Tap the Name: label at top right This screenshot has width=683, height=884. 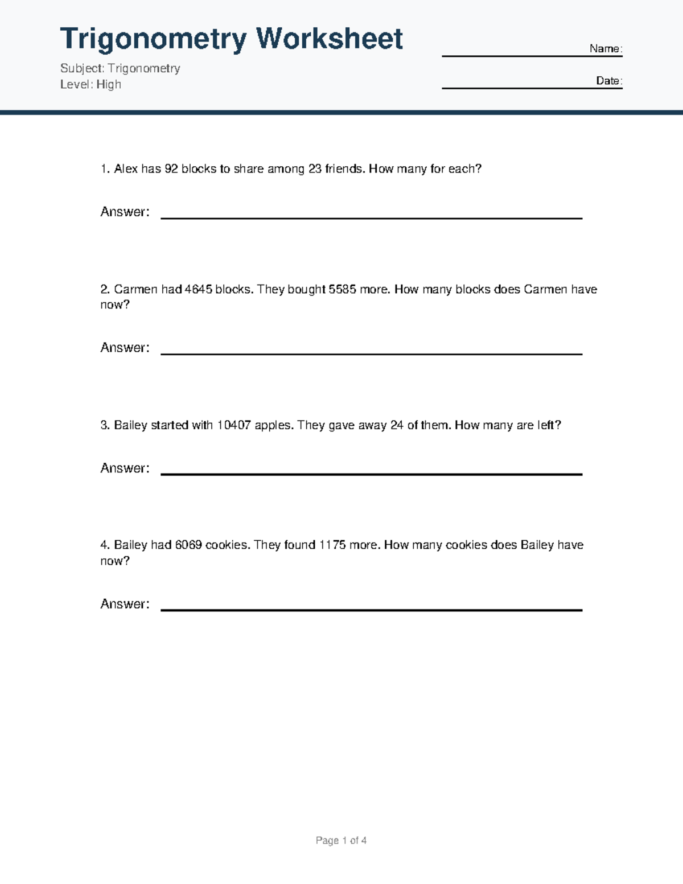(x=606, y=49)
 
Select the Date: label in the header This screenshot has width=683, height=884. (x=609, y=81)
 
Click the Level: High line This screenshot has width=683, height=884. (x=90, y=84)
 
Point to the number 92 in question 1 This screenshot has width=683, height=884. (x=171, y=169)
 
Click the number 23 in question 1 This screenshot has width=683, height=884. (x=315, y=169)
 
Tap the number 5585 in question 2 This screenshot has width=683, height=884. (x=343, y=289)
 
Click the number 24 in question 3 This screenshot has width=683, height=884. (x=397, y=425)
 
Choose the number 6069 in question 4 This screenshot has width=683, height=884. (x=188, y=545)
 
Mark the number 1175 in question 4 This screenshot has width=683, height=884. (x=332, y=545)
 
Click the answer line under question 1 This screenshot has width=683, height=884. (x=371, y=217)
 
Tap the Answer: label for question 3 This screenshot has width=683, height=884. (x=125, y=468)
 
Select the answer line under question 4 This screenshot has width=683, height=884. (x=371, y=610)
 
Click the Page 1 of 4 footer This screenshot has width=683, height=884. (x=341, y=841)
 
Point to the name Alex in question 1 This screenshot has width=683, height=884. (x=126, y=169)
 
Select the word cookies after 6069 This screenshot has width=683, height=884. (x=227, y=545)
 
